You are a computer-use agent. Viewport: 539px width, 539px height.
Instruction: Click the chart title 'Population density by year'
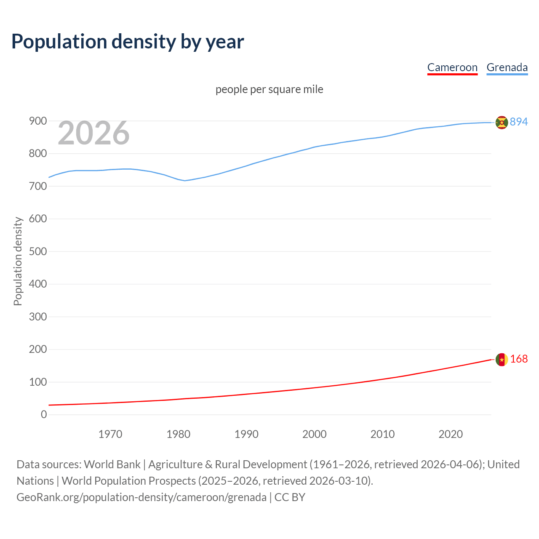click(128, 42)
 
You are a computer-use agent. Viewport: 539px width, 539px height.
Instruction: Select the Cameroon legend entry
click(452, 67)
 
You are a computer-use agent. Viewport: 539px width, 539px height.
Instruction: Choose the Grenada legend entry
click(507, 67)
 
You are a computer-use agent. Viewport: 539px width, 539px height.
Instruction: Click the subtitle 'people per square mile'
click(269, 89)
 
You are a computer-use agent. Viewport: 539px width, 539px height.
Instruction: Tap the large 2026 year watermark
click(93, 133)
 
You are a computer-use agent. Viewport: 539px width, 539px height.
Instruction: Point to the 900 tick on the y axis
click(38, 121)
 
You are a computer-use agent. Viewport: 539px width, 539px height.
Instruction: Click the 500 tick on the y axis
click(38, 251)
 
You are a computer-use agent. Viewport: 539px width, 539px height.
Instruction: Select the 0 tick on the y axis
click(44, 414)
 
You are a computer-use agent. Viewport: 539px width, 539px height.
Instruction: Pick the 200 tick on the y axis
click(38, 349)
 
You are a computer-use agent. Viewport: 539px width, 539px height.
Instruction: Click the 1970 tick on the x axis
click(110, 434)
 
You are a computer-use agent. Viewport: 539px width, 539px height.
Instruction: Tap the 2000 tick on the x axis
click(315, 434)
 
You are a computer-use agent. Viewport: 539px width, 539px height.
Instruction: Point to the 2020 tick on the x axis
click(451, 434)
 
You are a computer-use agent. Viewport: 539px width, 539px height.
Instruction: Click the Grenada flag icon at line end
click(502, 122)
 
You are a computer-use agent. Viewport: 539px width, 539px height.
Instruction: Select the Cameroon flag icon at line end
click(502, 359)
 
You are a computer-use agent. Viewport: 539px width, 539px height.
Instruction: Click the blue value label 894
click(519, 122)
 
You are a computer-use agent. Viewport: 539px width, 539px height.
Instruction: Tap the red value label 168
click(519, 359)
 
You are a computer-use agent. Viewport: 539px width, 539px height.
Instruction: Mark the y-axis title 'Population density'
click(18, 261)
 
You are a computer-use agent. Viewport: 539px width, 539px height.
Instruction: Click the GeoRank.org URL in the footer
click(141, 497)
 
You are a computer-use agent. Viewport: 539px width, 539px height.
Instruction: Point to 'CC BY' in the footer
click(290, 497)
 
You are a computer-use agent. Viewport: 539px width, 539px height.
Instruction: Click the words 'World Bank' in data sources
click(112, 464)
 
